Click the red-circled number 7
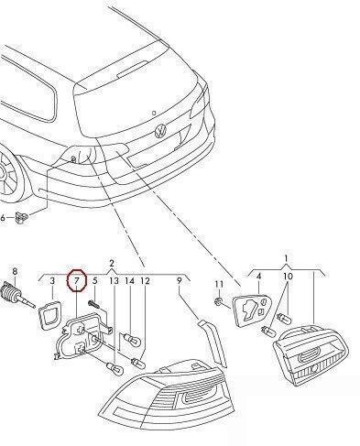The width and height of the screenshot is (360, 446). [77, 280]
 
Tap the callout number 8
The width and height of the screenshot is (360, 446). [15, 271]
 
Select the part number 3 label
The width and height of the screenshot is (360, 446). [52, 280]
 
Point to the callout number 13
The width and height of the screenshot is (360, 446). [114, 280]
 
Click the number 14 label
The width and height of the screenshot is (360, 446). [129, 280]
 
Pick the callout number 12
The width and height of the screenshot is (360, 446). [145, 280]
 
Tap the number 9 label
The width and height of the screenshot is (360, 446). [180, 280]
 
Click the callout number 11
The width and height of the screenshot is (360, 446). [219, 284]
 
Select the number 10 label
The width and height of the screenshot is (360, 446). [288, 277]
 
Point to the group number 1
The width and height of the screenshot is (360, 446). [286, 259]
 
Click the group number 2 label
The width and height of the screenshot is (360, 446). [112, 263]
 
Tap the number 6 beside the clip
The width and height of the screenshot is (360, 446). [3, 218]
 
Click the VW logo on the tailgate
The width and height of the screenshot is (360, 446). [161, 131]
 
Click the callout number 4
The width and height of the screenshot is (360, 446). [258, 277]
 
